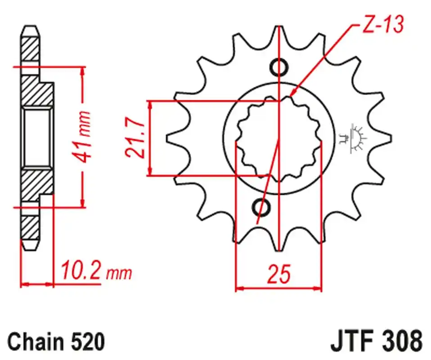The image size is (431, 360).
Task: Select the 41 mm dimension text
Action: pyautogui.click(x=82, y=137)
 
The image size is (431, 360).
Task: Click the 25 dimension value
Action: pyautogui.click(x=279, y=274)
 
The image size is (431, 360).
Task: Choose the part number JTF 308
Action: pyautogui.click(x=376, y=342)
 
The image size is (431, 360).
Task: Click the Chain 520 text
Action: pyautogui.click(x=56, y=342)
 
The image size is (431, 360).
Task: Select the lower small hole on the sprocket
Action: pyautogui.click(x=261, y=207)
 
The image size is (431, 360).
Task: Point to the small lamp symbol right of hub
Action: pyautogui.click(x=352, y=139)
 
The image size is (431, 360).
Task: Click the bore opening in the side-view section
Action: pyautogui.click(x=36, y=137)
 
